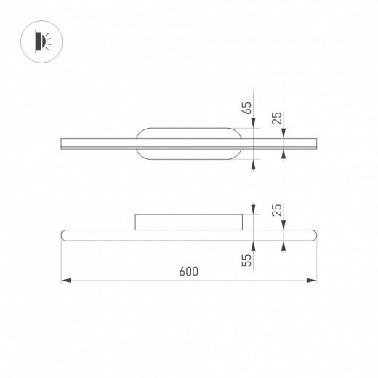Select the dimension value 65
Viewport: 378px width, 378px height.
[x=248, y=109]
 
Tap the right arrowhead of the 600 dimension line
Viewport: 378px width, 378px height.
[x=313, y=279]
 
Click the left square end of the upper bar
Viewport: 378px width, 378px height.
[x=63, y=143]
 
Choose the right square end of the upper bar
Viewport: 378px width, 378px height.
[x=316, y=143]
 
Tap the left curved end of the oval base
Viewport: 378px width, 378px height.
[x=139, y=143]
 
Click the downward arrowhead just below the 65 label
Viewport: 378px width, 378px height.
[x=254, y=125]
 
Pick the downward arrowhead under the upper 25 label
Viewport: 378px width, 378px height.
[x=283, y=134]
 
